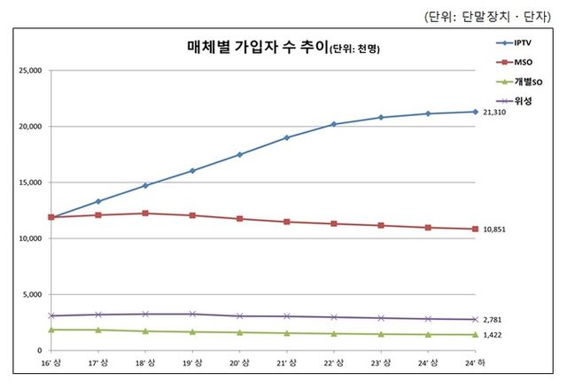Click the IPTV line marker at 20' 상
[x=240, y=155]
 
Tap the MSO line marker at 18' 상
[x=146, y=214]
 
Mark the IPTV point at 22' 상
[x=334, y=124]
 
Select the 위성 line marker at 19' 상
[x=193, y=314]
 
